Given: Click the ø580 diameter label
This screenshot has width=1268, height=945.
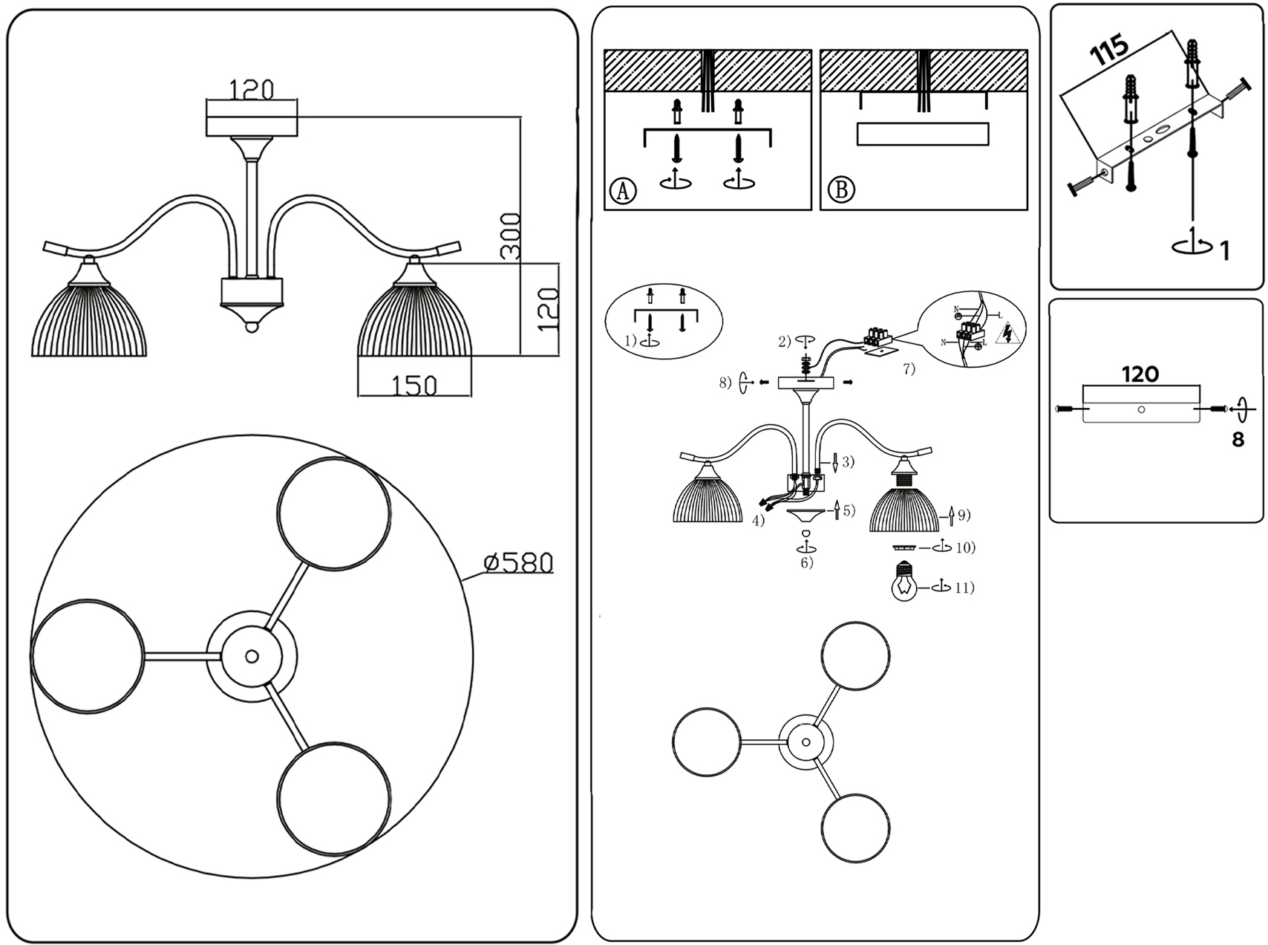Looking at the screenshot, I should click(518, 563).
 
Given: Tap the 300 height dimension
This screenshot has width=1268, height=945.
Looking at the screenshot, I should click(510, 236).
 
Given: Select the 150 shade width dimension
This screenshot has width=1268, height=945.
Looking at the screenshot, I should click(414, 385).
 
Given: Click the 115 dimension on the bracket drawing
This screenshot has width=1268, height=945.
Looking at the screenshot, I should click(1109, 50).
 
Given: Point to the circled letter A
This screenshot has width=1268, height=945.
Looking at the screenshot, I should click(623, 190).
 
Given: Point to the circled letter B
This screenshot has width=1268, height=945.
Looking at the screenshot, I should click(841, 190).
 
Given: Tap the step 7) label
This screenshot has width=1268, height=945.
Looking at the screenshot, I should click(909, 369).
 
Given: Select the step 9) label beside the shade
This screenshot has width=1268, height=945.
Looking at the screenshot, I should click(964, 514).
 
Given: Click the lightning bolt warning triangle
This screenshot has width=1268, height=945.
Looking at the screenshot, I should click(1007, 335).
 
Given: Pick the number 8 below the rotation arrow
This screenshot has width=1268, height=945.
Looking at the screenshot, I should click(1238, 440).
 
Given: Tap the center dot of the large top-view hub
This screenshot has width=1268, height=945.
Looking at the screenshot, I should click(252, 657).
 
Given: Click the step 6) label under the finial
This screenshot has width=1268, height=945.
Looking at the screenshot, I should click(806, 562).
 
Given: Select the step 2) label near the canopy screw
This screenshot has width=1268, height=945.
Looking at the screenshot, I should click(785, 342).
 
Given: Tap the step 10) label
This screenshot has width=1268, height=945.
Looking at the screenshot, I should click(965, 548).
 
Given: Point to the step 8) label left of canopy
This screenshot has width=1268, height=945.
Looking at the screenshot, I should click(725, 383).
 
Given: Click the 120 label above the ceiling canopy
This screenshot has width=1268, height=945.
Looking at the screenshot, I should click(251, 89).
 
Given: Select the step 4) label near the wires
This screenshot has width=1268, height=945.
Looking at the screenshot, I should click(758, 521).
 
